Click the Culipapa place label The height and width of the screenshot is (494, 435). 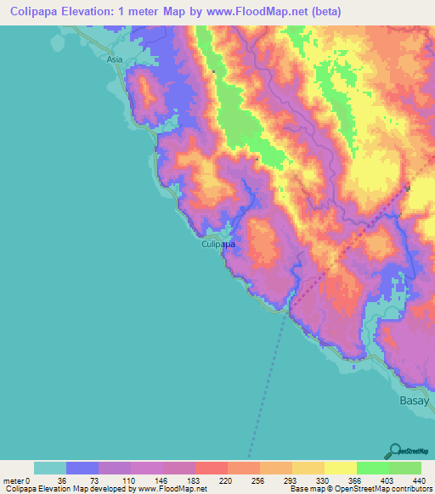(x=218, y=244)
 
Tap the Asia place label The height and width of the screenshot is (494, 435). (x=115, y=60)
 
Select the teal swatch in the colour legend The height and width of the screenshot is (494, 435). (x=50, y=469)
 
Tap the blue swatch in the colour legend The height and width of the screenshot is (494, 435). (x=82, y=469)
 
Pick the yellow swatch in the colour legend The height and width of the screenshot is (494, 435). (x=341, y=469)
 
